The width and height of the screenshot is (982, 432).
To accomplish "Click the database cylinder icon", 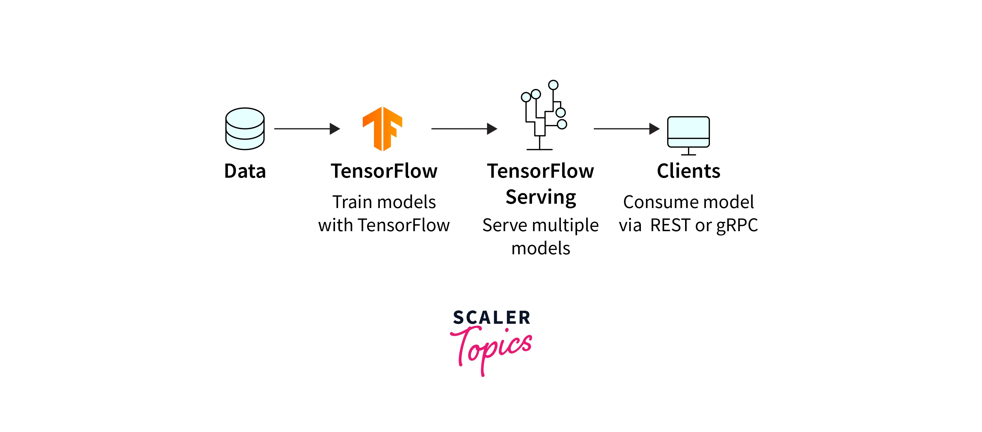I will pos(245,129).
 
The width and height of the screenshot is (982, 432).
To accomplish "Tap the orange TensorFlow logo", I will pos(382,129).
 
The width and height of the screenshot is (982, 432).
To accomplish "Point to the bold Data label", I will pos(245,171).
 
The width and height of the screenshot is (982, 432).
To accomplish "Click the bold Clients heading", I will pos(689,171).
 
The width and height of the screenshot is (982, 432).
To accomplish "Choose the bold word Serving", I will pos(541,197).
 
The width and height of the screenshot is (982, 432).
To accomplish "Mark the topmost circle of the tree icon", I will pos(553,85).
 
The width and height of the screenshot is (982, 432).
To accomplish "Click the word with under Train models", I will pos(335,225).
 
